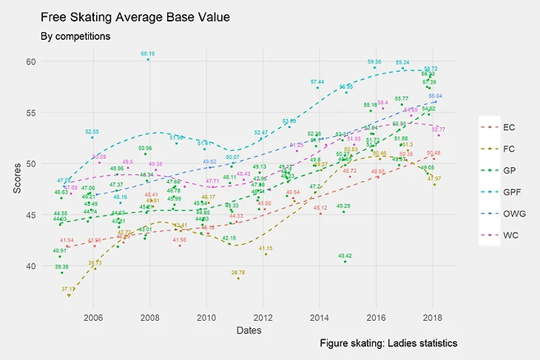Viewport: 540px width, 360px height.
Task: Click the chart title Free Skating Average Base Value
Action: tap(135, 16)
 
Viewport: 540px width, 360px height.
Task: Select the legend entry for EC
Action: tap(509, 127)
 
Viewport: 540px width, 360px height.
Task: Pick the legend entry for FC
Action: tap(509, 149)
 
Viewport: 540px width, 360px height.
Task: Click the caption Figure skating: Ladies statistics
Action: tap(389, 344)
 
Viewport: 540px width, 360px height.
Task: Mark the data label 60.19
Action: tap(148, 54)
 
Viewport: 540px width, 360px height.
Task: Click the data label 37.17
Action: tap(68, 289)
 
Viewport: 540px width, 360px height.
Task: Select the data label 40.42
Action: tap(345, 256)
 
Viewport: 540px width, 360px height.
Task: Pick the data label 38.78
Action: tap(237, 273)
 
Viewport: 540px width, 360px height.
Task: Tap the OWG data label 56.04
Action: tap(435, 96)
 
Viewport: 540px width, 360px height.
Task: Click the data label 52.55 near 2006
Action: tap(92, 132)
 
